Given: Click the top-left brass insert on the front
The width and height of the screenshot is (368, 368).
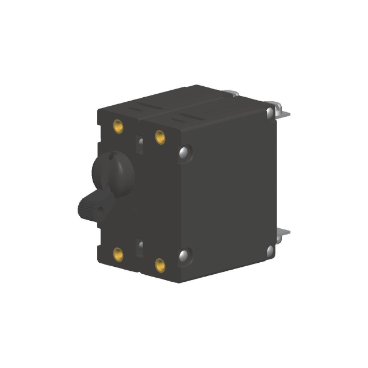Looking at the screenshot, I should point(118,125).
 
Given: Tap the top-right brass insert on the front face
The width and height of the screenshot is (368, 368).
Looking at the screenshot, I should point(160,136).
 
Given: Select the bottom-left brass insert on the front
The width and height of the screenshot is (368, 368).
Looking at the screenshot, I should point(118,253).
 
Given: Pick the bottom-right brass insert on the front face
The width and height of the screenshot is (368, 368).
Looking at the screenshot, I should point(160,265).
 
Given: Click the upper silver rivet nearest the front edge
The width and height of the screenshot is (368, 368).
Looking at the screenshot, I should point(185,153).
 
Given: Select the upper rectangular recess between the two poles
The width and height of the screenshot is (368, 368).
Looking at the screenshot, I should point(139,143).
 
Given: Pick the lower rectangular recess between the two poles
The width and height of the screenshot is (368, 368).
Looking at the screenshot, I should point(139,247).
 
